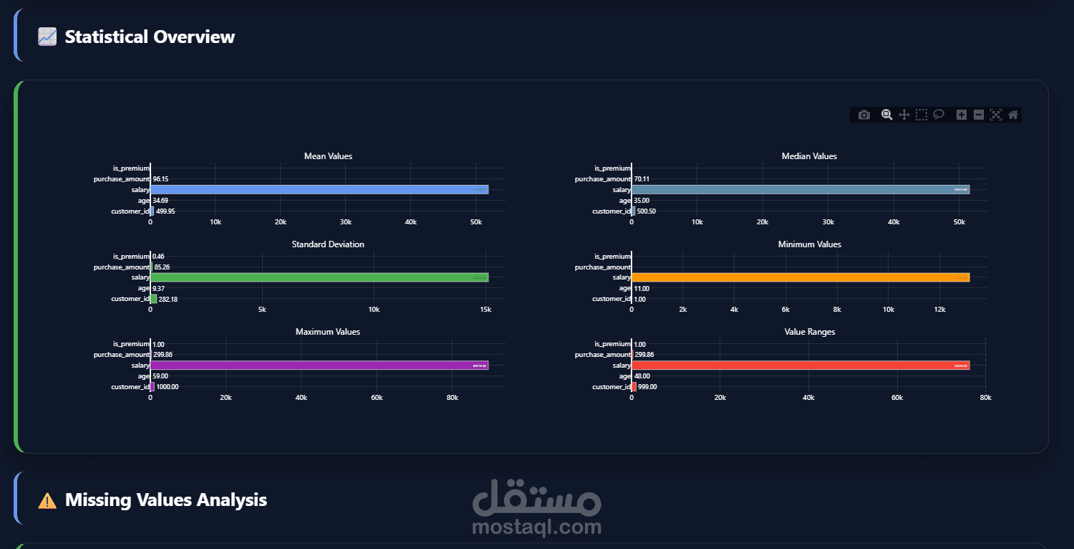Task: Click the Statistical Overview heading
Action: [x=150, y=37]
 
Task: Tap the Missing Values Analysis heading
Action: [x=165, y=500]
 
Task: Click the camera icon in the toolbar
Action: [x=864, y=115]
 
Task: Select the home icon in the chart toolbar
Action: [x=1012, y=115]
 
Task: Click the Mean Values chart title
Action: [x=328, y=156]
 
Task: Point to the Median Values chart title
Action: [x=809, y=156]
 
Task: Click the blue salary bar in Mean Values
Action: [x=319, y=190]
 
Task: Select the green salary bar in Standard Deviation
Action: [x=319, y=277]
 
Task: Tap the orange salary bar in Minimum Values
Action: [x=800, y=277]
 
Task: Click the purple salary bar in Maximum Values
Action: [x=319, y=366]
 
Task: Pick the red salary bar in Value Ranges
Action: [x=800, y=366]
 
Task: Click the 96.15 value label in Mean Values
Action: [x=160, y=179]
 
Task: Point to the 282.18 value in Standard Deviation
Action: [x=168, y=299]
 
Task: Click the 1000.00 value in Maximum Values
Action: [x=168, y=387]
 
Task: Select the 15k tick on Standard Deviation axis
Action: [x=485, y=310]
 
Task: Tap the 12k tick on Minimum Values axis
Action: [x=939, y=310]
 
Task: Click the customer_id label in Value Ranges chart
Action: [x=611, y=387]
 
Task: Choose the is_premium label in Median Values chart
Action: [x=613, y=168]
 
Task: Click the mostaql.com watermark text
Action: [x=537, y=528]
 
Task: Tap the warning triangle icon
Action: [x=47, y=500]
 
